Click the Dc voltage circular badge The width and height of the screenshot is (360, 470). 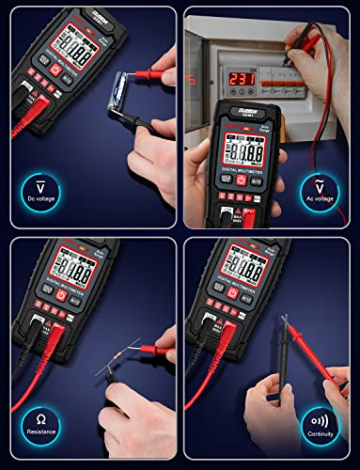click(40, 191)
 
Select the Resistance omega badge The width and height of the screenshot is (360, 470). click(40, 423)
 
